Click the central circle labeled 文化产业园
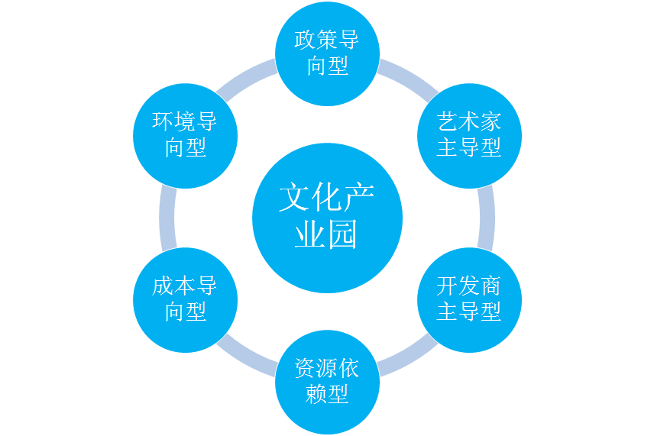click(327, 218)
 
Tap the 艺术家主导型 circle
click(469, 135)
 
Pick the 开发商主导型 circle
click(469, 299)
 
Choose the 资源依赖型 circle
click(327, 382)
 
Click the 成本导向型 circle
click(185, 299)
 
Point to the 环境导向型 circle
click(185, 135)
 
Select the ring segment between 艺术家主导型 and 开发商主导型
click(486, 218)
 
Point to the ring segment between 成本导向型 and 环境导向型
click(168, 218)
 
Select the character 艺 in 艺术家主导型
click(448, 122)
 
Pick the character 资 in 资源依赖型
click(306, 369)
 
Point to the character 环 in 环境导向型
click(163, 122)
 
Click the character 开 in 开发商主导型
click(448, 286)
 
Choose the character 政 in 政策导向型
click(306, 40)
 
